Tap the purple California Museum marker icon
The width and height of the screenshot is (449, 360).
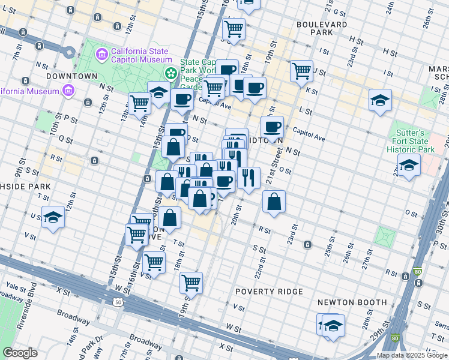point(67,91)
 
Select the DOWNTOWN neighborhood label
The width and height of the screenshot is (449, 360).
point(72,76)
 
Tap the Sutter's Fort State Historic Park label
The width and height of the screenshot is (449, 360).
point(410,140)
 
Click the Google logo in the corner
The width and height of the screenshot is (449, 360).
point(20,352)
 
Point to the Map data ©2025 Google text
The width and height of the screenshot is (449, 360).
point(412,355)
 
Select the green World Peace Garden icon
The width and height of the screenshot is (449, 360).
point(172,73)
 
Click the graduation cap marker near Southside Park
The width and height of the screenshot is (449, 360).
point(53,217)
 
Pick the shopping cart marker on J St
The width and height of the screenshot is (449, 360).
point(301,70)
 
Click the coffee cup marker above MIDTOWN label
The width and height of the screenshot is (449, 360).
point(273,127)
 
